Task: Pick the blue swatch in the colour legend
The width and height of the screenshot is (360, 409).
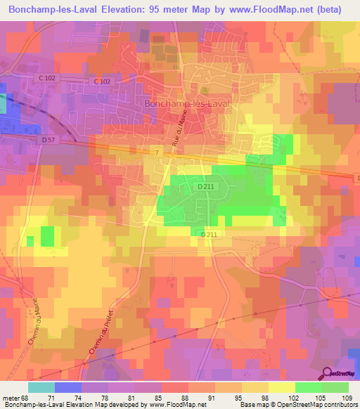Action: (x=67, y=387)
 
